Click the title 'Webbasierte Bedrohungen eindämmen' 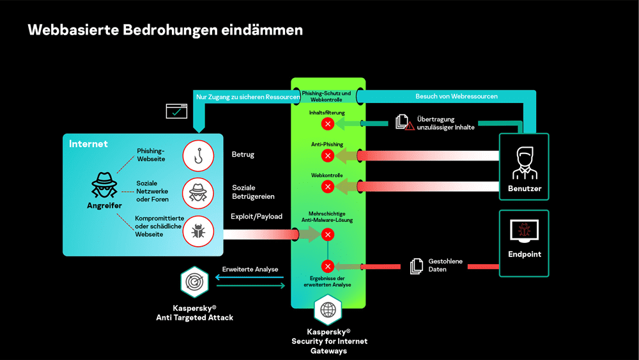click(x=166, y=30)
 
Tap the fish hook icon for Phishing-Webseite click(x=198, y=155)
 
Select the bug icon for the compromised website click(x=198, y=231)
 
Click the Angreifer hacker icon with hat click(x=104, y=186)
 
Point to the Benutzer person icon click(x=524, y=162)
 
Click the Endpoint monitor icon click(x=524, y=231)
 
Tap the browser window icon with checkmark click(x=176, y=111)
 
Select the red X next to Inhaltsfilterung click(x=328, y=123)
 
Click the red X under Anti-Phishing click(x=328, y=155)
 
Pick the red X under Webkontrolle click(x=328, y=187)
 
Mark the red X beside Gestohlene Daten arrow click(x=328, y=266)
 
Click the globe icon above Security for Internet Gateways click(x=328, y=310)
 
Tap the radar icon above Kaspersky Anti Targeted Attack click(x=194, y=282)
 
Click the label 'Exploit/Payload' click(x=256, y=217)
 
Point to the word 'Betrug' click(x=243, y=155)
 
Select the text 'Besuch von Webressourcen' click(x=456, y=97)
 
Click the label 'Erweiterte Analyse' click(x=250, y=269)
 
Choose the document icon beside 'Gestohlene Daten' click(x=417, y=266)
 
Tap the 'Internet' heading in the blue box click(x=88, y=144)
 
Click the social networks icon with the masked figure click(x=198, y=192)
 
